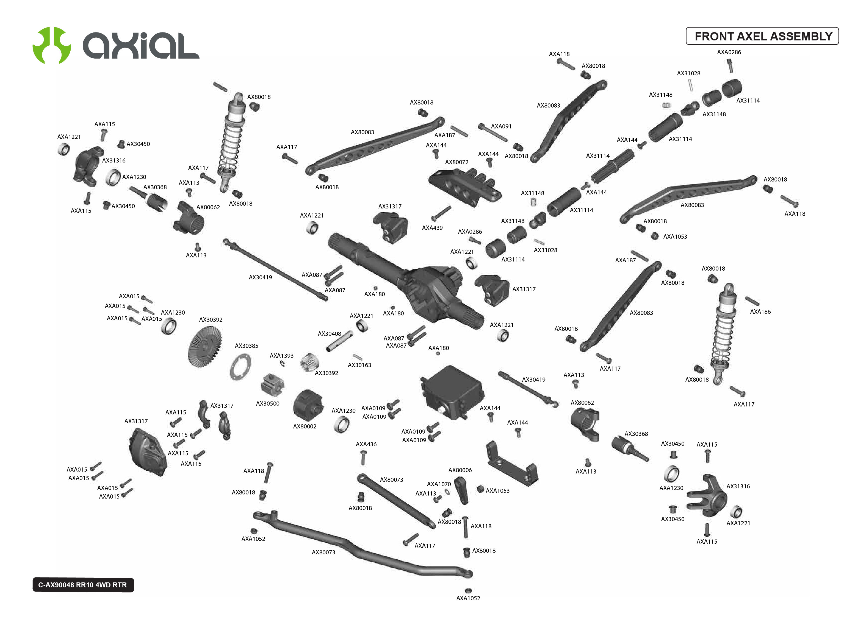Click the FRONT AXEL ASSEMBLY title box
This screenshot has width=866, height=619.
pyautogui.click(x=762, y=36)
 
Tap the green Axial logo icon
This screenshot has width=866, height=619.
pyautogui.click(x=51, y=45)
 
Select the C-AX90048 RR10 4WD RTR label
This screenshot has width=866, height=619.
pyautogui.click(x=83, y=585)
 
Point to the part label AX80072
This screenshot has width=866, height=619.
pyautogui.click(x=456, y=162)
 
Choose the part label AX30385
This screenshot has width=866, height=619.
pyautogui.click(x=247, y=346)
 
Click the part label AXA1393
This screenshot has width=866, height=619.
pyautogui.click(x=281, y=356)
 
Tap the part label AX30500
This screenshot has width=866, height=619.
pyautogui.click(x=268, y=403)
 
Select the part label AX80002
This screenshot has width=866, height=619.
pyautogui.click(x=305, y=426)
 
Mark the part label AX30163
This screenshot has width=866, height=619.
pyautogui.click(x=359, y=365)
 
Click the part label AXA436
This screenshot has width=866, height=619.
pyautogui.click(x=366, y=444)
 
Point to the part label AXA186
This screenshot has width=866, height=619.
pyautogui.click(x=760, y=311)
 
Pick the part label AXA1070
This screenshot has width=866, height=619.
pyautogui.click(x=439, y=484)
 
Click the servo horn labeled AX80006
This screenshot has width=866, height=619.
pyautogui.click(x=461, y=490)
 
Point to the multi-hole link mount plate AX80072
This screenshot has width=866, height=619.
pyautogui.click(x=465, y=187)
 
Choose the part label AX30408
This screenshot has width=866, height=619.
pyautogui.click(x=330, y=334)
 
